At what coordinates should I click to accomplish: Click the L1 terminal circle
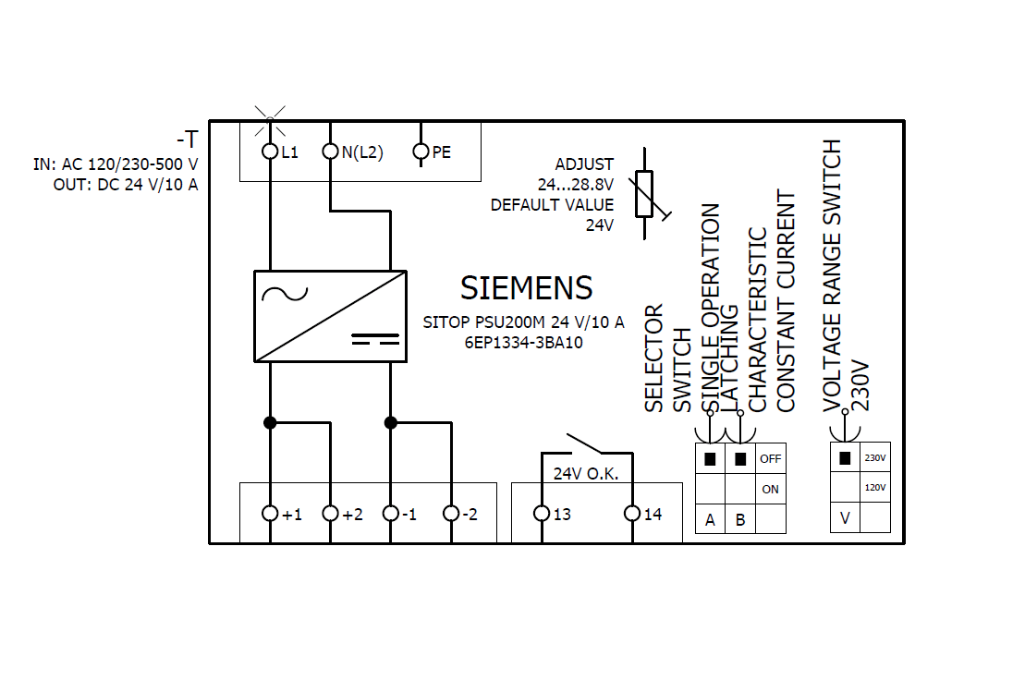click(270, 151)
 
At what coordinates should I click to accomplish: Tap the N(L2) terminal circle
click(330, 151)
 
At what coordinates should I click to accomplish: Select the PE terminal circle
click(421, 151)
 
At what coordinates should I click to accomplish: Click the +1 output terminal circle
click(270, 514)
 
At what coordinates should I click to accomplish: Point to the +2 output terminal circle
click(330, 514)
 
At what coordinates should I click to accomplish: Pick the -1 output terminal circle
click(391, 514)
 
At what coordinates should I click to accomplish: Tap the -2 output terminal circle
click(451, 514)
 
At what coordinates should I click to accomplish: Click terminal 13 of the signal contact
click(543, 514)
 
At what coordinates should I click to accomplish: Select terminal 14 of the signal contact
click(632, 514)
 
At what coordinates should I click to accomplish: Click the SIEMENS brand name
click(526, 288)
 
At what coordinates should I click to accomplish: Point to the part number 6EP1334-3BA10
click(523, 341)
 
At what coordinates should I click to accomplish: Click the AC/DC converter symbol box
click(330, 316)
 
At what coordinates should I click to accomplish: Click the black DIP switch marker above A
click(710, 457)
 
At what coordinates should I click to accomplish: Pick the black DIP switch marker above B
click(739, 457)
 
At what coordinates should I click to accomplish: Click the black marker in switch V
click(845, 456)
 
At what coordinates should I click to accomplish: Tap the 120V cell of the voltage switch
click(874, 487)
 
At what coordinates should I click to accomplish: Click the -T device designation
click(187, 140)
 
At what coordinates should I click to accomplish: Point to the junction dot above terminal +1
click(270, 422)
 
